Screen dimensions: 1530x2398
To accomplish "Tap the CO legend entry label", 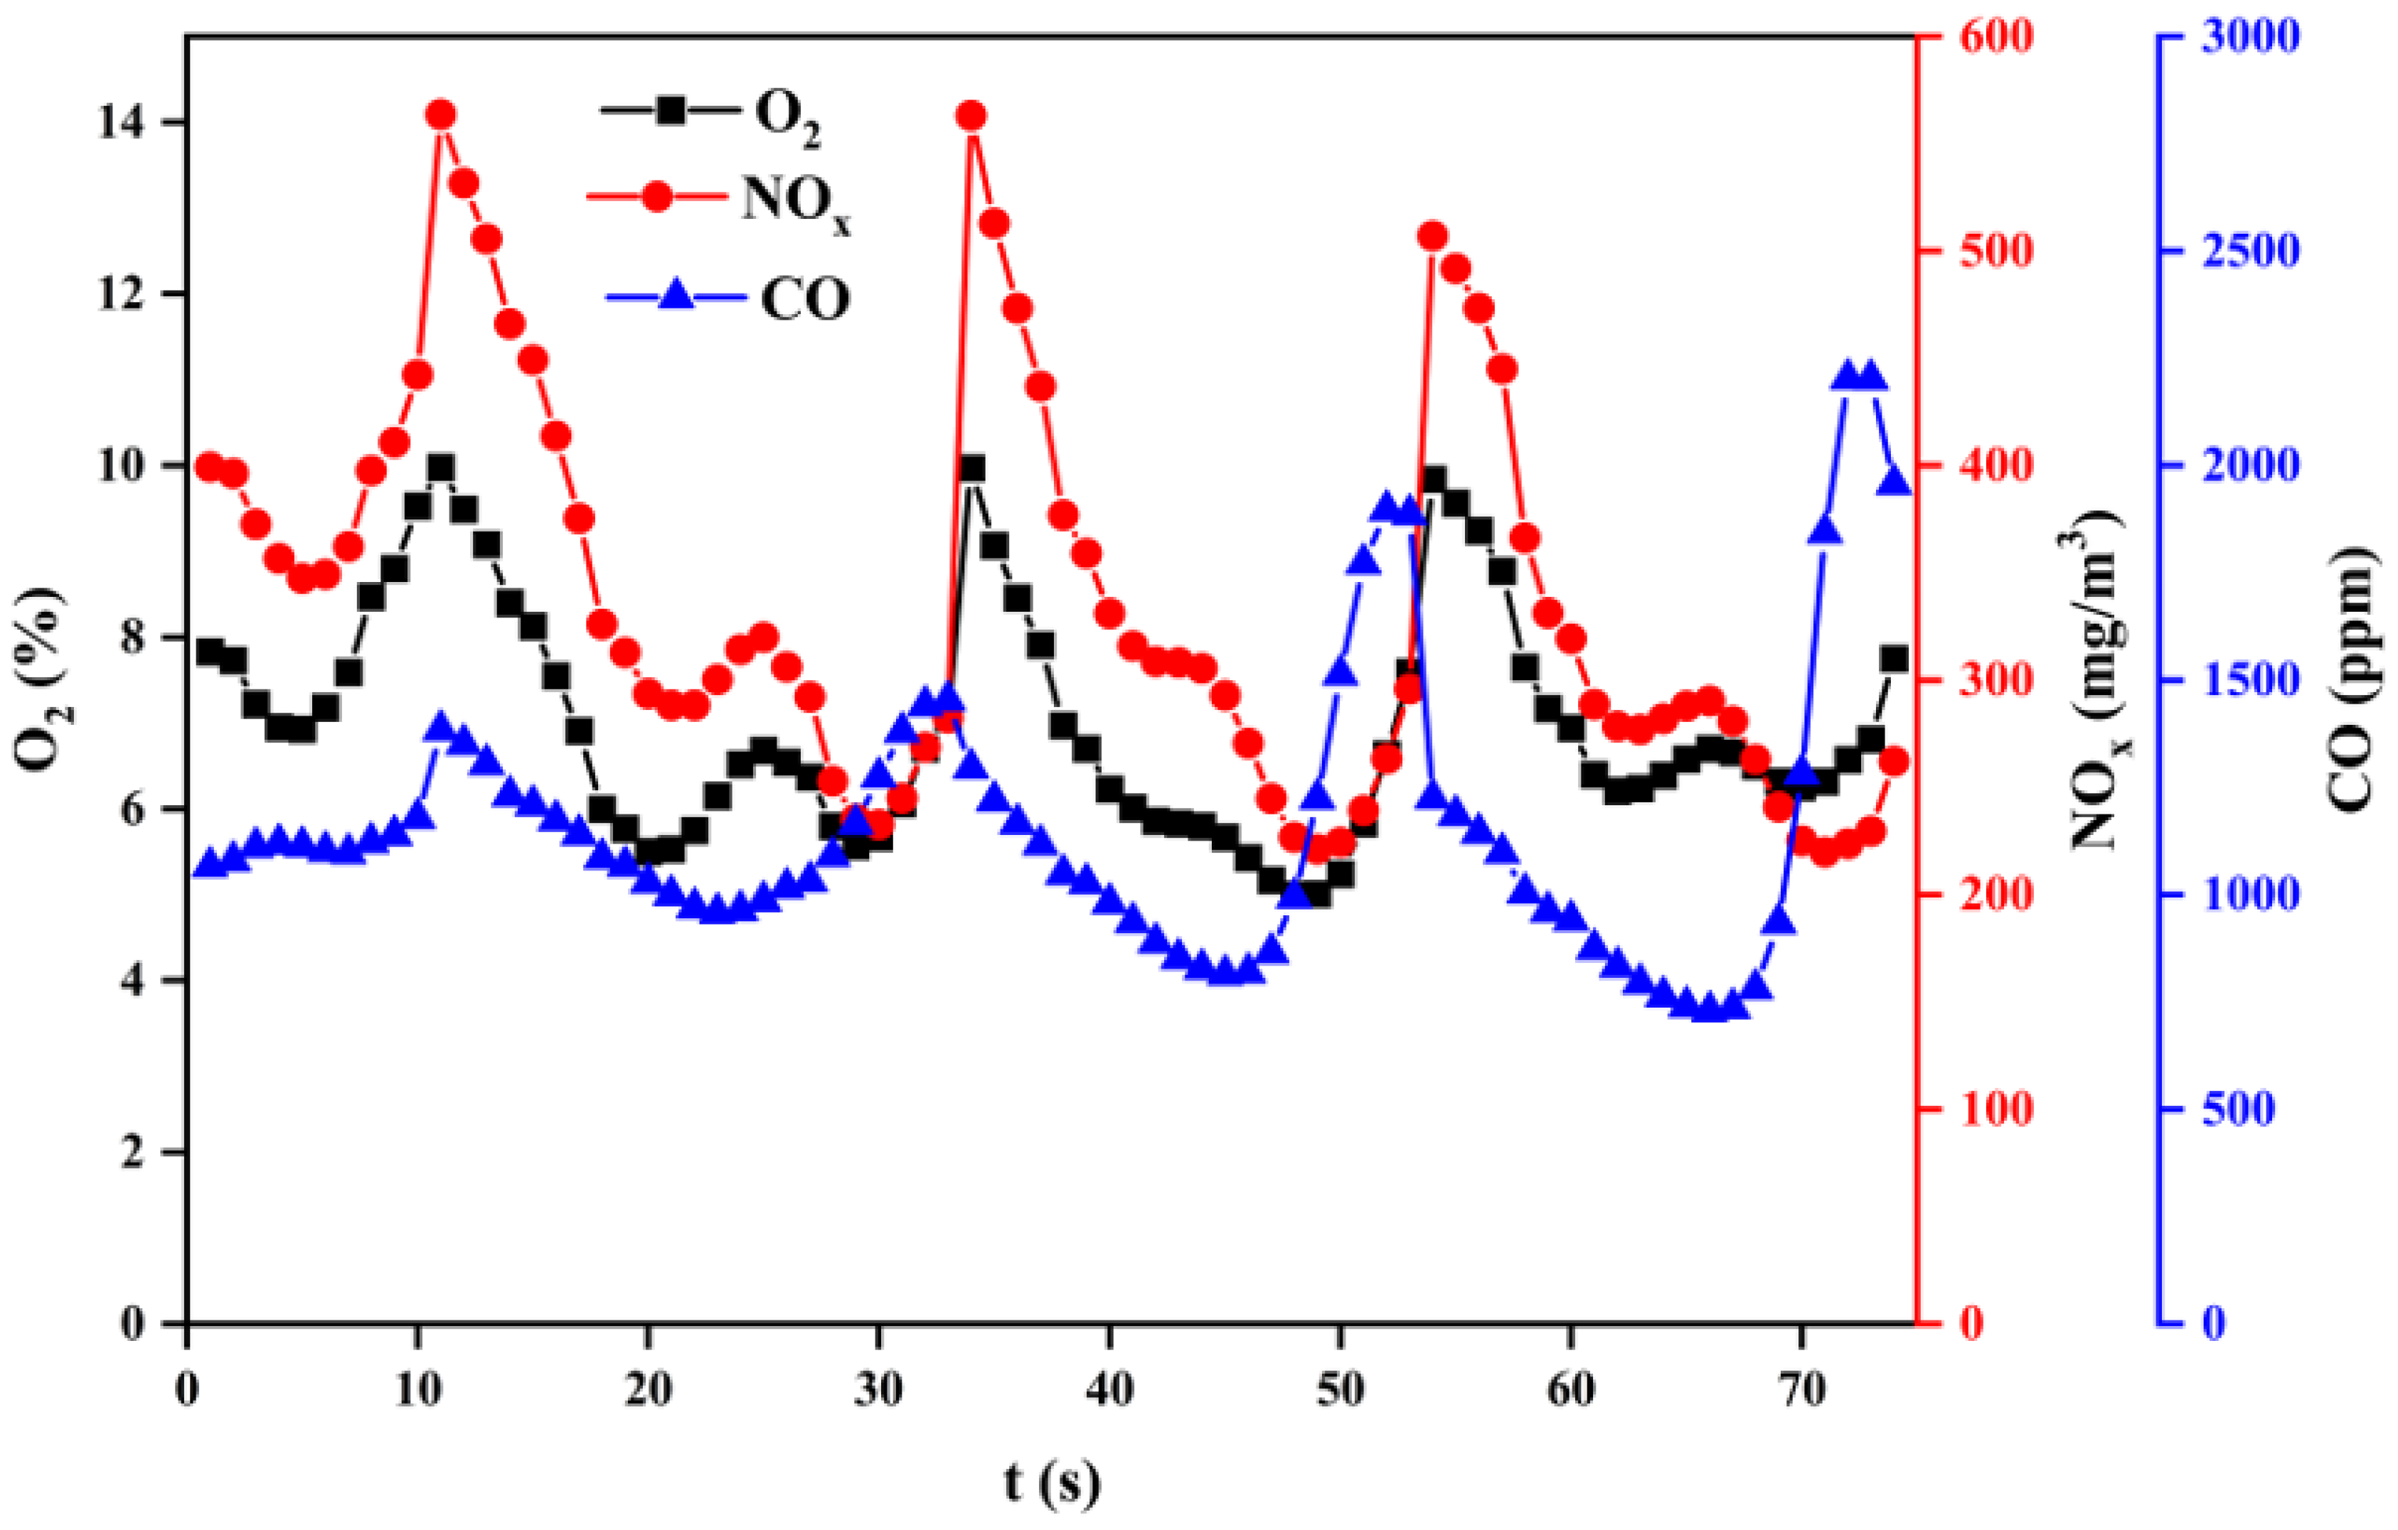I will pyautogui.click(x=804, y=298).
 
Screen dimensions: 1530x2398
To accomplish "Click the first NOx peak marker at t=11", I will pyautogui.click(x=441, y=115).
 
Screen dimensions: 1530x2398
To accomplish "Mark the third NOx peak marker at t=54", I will pyautogui.click(x=1433, y=236).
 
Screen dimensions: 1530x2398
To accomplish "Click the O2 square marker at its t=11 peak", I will pyautogui.click(x=441, y=467).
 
